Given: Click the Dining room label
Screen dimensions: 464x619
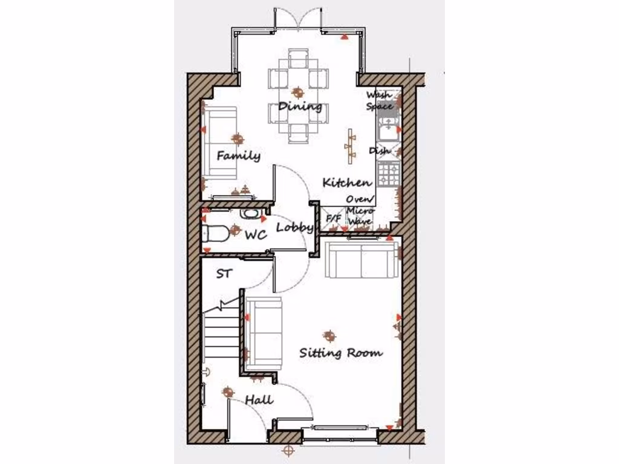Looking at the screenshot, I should tap(300, 107).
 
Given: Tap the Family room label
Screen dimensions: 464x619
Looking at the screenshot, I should tap(239, 156).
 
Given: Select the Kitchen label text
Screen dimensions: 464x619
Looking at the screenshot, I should tap(347, 182).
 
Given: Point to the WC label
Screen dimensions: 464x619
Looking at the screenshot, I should tap(256, 236).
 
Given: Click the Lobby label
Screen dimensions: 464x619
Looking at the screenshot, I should tap(295, 228).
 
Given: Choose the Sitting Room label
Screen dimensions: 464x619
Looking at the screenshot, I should tap(341, 353).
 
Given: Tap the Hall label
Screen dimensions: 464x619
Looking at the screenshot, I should tap(259, 400).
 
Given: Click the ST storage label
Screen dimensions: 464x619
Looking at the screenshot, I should tap(224, 274).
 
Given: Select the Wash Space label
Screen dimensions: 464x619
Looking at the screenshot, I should tap(380, 101).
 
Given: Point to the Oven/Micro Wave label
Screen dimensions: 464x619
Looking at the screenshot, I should tap(360, 210).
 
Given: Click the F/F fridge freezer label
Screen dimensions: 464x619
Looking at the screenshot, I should tap(334, 218).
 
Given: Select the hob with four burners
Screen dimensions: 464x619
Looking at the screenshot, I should tap(388, 174).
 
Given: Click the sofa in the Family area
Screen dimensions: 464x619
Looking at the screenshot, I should tap(220, 144).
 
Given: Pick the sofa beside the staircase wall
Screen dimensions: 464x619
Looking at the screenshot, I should tap(264, 333).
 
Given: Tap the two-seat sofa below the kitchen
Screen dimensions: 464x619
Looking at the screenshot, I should tap(361, 259).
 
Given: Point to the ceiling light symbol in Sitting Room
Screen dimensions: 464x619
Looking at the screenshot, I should tap(329, 335).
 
